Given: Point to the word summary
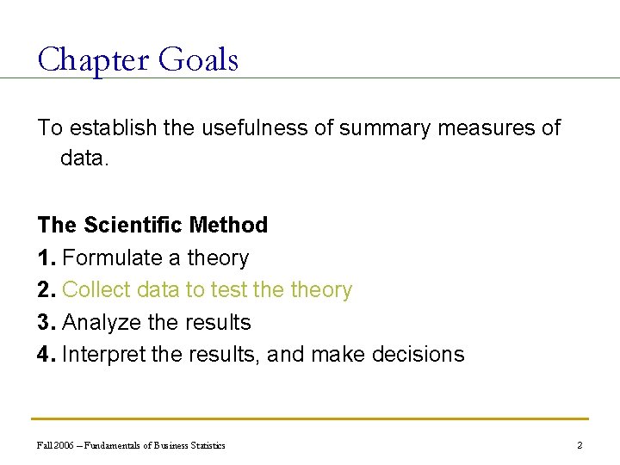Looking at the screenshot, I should click(x=379, y=128).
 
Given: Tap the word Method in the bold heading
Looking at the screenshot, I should click(x=228, y=226).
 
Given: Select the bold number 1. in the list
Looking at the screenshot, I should click(x=47, y=258).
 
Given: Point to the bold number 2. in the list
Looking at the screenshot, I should click(x=47, y=290).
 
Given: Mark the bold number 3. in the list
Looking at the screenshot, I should click(x=47, y=323).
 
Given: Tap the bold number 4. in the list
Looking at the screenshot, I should click(x=47, y=355).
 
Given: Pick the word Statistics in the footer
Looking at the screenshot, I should click(x=205, y=445).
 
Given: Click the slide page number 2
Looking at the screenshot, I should click(x=580, y=445).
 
